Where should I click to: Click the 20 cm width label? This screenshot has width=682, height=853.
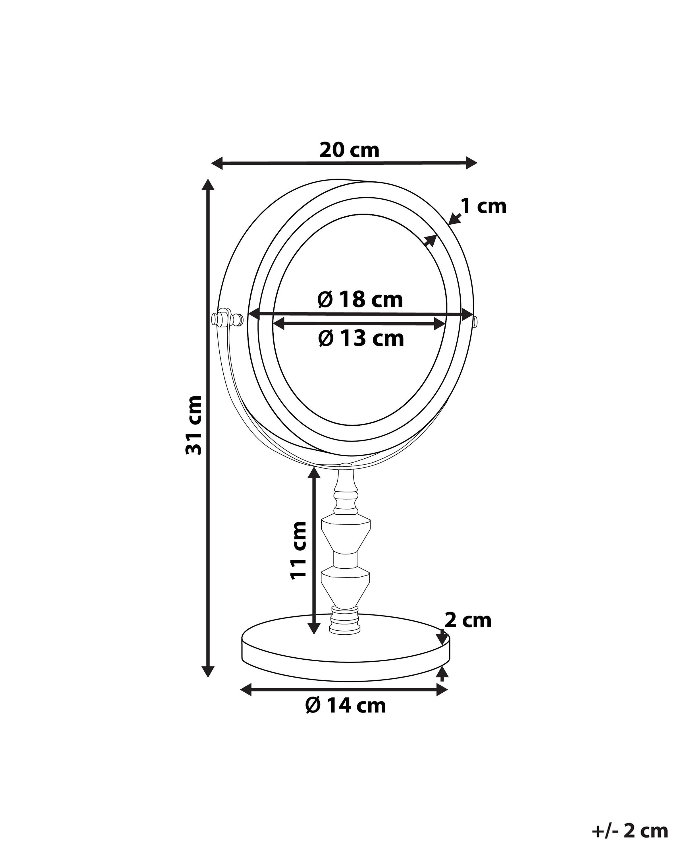349,150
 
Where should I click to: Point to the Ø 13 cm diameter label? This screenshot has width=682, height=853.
361,339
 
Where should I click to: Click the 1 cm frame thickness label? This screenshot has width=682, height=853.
484,206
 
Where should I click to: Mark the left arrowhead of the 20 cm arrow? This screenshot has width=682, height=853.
217,163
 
